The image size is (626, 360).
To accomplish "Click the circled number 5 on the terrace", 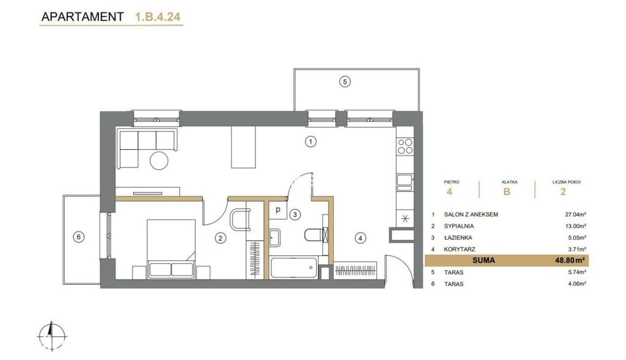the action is tap(345, 82).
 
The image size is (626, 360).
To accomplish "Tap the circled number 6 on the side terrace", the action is tap(79, 237).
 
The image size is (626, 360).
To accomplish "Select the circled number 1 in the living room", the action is tap(310, 141).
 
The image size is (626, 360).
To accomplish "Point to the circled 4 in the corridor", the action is tap(360, 238).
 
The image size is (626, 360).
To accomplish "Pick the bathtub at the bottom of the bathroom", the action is tap(294, 268).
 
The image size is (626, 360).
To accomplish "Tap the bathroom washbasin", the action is tap(274, 238).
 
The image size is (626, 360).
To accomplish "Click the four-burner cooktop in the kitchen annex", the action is tap(405, 147).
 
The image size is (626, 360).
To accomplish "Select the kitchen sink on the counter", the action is tap(405, 180).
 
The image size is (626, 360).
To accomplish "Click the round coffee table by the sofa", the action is tap(159, 161).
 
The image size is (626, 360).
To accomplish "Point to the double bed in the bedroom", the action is tap(171, 248).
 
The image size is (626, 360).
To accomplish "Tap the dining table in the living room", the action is tap(243, 147).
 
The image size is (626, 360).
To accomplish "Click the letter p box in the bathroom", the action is tap(278, 210).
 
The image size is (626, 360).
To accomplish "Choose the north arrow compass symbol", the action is tap(51, 336).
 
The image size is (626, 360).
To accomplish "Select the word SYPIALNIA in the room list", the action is tap(458, 226).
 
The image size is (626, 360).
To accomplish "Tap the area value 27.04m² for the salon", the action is tap(575, 215).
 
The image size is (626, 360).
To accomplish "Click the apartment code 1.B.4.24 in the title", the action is tap(158, 17).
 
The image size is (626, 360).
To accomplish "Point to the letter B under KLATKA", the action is tap(507, 191).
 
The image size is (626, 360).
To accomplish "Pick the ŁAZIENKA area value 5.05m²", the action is tap(576, 238).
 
